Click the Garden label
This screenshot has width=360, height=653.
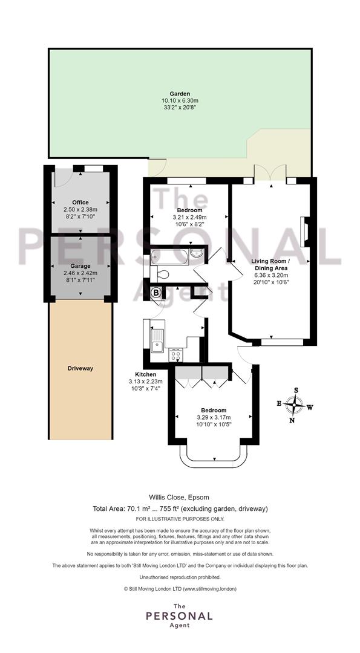pos(180,94)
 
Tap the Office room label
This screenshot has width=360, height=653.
pos(80,203)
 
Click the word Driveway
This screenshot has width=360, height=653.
pos(80,369)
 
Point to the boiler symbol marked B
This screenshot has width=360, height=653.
pos(156,293)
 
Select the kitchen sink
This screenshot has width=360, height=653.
pos(157,340)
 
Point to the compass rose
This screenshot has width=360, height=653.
pos(295,404)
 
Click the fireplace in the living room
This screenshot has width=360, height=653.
pos(304,232)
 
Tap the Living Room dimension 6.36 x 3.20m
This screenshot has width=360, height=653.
pos(271,275)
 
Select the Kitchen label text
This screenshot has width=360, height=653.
pos(145,374)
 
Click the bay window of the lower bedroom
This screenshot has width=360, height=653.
pos(214,457)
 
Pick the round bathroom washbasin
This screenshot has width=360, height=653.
pos(197,253)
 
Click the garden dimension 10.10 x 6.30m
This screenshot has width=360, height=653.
pos(180,100)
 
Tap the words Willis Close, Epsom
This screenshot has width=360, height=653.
pos(179,497)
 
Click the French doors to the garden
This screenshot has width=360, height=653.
pos(270,174)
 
